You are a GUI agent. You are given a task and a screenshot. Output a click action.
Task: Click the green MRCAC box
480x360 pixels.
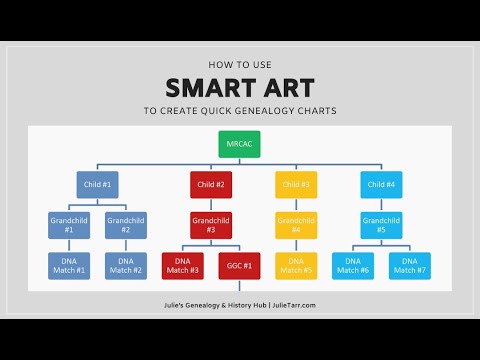(240, 146)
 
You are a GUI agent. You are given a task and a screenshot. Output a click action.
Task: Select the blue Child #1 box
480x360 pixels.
(97, 184)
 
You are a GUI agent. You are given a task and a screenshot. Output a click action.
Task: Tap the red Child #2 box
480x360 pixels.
(211, 184)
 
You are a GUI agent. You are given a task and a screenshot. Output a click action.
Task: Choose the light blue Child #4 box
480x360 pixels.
(380, 184)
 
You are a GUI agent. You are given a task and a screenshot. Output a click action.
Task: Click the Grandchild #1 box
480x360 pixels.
(69, 224)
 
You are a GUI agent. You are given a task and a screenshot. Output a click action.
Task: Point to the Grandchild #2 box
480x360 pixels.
(126, 224)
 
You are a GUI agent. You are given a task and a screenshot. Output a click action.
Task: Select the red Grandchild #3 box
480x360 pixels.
(211, 224)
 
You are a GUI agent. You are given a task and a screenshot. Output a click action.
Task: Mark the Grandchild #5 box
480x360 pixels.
(380, 224)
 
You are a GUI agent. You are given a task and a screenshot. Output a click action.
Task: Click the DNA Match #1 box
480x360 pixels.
(69, 264)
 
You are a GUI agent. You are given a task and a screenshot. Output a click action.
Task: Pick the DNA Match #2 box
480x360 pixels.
(126, 264)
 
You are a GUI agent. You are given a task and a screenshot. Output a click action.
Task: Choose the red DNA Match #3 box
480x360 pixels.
(182, 264)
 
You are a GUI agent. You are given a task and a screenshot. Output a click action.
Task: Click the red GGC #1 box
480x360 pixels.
(239, 264)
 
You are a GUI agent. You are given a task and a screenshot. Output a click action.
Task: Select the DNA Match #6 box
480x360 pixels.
(352, 264)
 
